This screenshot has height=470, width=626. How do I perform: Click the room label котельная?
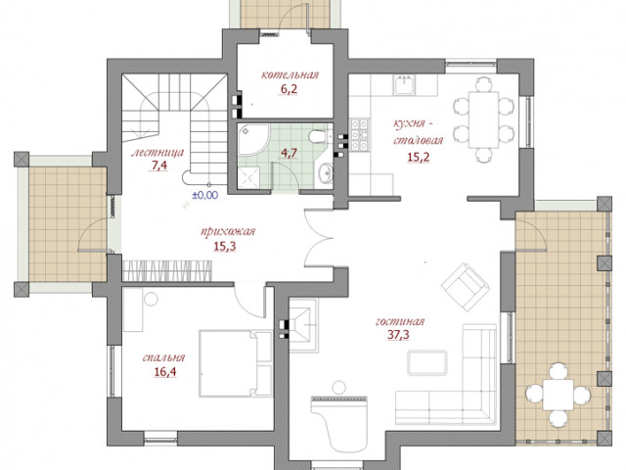tap(291, 74)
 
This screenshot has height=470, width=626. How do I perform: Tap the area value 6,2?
tap(289, 89)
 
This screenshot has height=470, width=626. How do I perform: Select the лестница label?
tap(157, 153)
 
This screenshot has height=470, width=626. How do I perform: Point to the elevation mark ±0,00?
tap(205, 195)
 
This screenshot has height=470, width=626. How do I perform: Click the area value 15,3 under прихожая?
tap(225, 246)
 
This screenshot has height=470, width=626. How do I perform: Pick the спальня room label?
tap(163, 357)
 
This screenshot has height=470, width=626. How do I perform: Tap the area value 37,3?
tap(398, 335)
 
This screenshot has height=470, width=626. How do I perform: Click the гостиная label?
tap(400, 321)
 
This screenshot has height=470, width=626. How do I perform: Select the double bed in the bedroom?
tap(236, 363)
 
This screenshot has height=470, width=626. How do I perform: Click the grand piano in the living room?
tap(339, 423)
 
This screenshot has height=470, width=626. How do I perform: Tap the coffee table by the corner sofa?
tap(427, 362)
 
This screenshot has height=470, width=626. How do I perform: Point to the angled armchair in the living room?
tap(466, 287)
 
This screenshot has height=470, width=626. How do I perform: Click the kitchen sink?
tap(405, 85)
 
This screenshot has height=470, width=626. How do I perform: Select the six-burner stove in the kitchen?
tap(359, 135)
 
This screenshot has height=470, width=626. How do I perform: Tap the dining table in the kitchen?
tap(483, 119)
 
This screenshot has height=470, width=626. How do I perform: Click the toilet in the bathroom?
tap(319, 137)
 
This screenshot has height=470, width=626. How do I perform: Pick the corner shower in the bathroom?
tap(253, 140)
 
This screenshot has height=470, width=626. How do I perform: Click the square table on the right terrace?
tap(558, 395)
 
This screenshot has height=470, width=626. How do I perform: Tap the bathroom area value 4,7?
tap(289, 153)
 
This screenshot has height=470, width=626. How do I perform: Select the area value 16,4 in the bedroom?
tap(165, 372)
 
